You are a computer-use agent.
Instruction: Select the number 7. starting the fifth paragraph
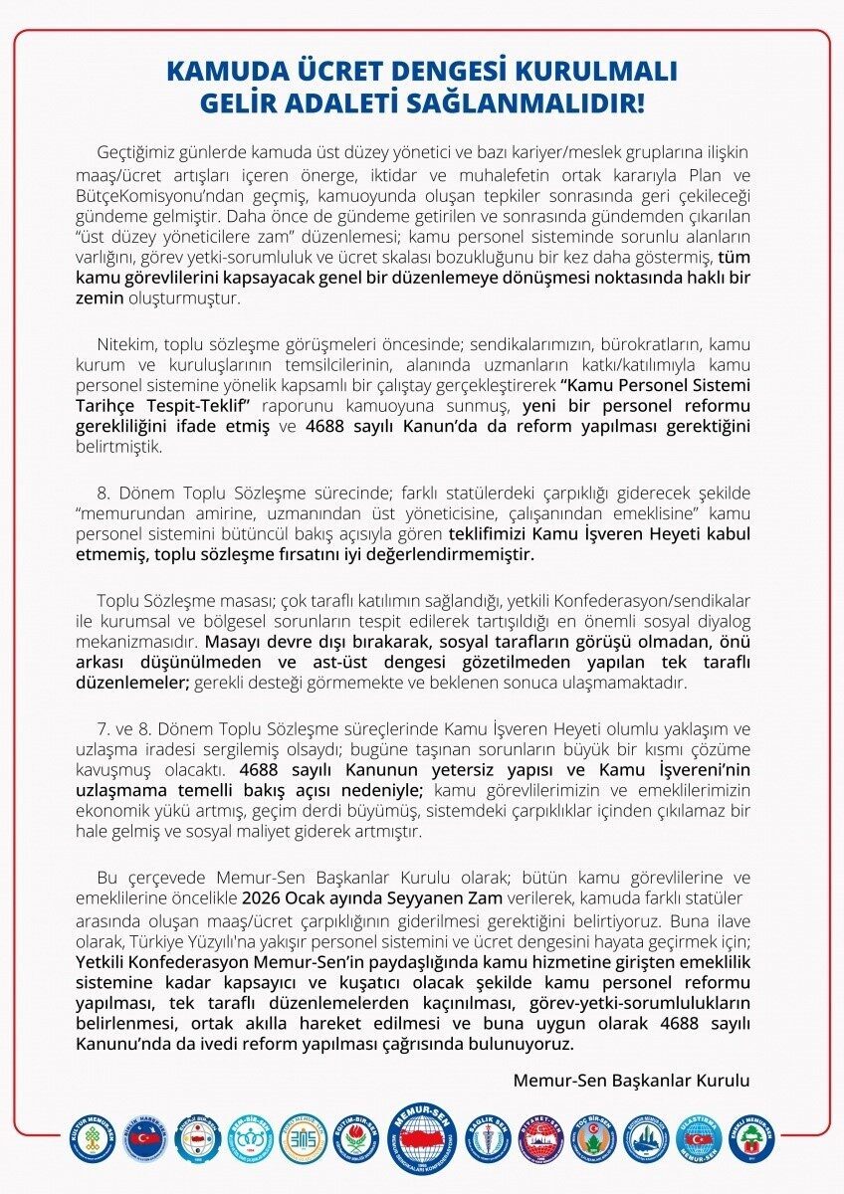(104, 730)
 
